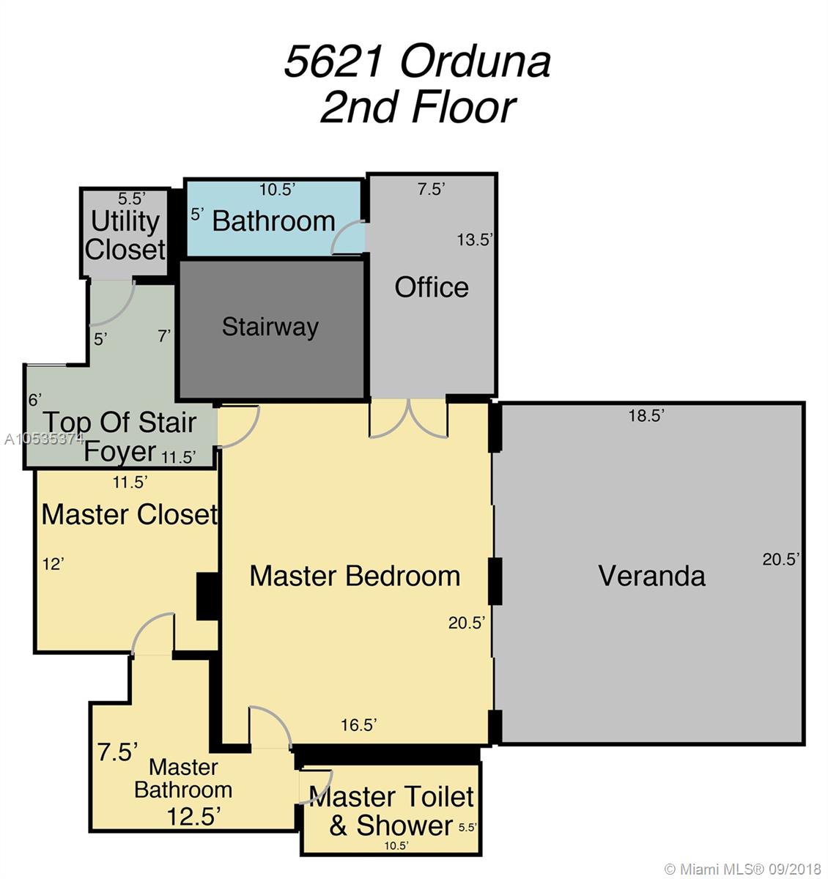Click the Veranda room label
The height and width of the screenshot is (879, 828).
(651, 576)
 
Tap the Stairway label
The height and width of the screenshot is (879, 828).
(270, 327)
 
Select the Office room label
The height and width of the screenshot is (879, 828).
(432, 287)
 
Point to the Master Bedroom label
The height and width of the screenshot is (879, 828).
(355, 576)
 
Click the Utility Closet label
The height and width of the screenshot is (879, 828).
(125, 235)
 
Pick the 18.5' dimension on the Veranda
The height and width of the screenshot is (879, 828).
(646, 415)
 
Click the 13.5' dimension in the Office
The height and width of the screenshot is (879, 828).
(475, 240)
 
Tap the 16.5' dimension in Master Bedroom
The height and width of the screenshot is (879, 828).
(358, 725)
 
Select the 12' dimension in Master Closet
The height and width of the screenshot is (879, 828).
(53, 564)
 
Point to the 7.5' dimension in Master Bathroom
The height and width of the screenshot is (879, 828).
(118, 752)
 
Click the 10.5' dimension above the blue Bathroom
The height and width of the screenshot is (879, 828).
(277, 190)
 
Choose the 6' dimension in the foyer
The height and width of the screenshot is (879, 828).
(35, 400)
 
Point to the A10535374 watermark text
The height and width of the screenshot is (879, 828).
(44, 439)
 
